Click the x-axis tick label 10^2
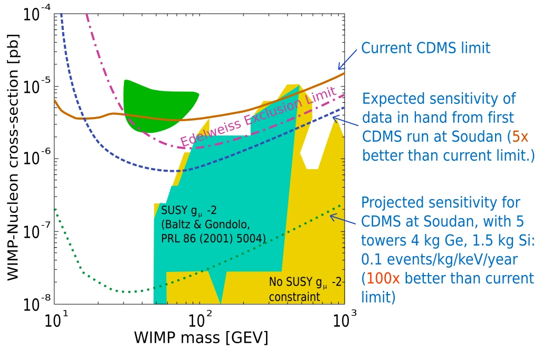[x=199, y=319]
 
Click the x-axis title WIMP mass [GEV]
[x=201, y=338]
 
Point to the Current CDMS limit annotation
[x=425, y=48]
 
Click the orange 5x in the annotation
[x=520, y=137]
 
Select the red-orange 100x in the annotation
[x=382, y=278]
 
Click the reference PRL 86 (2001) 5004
[x=213, y=239]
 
